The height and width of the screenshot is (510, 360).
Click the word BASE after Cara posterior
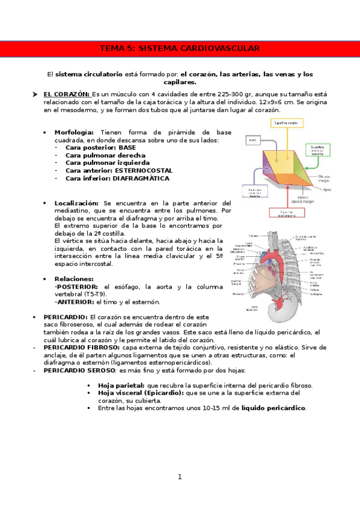point(127,147)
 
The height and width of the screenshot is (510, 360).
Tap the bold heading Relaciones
point(74,279)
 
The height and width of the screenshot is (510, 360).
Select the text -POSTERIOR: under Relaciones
point(78,287)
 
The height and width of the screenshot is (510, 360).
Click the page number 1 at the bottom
point(179,477)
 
